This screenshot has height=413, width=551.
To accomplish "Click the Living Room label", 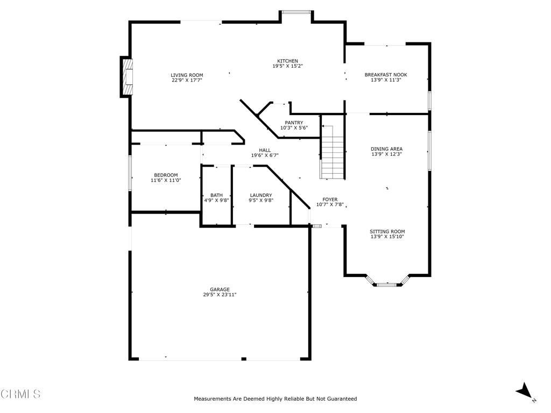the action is [187, 75].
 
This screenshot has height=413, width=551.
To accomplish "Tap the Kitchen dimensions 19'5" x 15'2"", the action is [288, 66].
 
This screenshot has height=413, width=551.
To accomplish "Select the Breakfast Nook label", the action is [386, 75].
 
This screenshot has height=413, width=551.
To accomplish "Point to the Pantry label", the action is [294, 123].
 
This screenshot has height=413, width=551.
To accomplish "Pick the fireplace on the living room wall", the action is [126, 76].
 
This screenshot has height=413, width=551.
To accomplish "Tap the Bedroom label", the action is [166, 175].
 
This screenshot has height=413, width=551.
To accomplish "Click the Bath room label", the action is [216, 195].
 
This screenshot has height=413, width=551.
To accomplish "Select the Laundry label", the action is [261, 195].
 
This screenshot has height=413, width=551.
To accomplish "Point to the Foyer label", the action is [330, 200].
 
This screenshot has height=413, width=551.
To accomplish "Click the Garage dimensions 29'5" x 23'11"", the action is [220, 295].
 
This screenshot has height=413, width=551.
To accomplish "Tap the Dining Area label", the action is [386, 149].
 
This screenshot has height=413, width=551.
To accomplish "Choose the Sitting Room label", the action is [387, 231].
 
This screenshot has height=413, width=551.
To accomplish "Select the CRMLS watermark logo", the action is [21, 394].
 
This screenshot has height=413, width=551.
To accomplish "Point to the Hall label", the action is [265, 151].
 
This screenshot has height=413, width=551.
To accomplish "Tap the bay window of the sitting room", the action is [387, 282].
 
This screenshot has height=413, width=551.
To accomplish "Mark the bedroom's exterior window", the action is [130, 173].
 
